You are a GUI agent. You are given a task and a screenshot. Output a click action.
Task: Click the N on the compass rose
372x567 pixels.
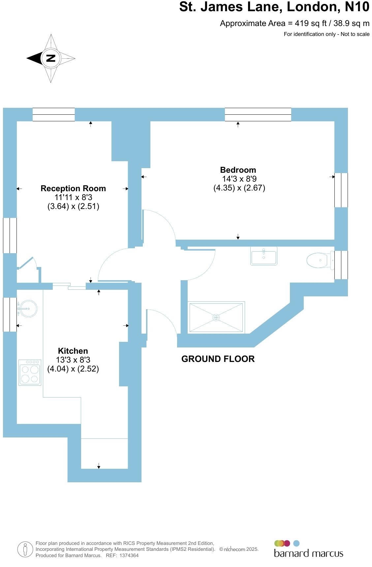click(x=50, y=58)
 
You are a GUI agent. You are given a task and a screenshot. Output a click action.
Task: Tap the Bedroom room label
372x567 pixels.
click(x=238, y=170)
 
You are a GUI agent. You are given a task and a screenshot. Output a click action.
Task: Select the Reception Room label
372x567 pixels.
click(x=73, y=189)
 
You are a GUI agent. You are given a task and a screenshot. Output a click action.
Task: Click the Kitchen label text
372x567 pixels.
click(x=73, y=351)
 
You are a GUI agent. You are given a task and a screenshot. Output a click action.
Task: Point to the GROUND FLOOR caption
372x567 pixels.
click(x=218, y=359)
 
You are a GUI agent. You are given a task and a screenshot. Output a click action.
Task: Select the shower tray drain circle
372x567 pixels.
click(x=216, y=317)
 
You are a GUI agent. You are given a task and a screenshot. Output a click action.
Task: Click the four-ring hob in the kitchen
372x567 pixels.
click(x=30, y=373)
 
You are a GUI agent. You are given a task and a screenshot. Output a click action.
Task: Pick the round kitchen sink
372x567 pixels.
click(x=28, y=309)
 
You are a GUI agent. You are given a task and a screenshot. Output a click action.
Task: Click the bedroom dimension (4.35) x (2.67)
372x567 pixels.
click(x=239, y=188)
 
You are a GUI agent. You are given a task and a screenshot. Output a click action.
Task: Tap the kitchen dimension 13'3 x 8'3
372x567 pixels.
click(x=73, y=360)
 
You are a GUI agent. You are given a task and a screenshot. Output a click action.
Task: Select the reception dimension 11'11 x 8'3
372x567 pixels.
click(x=73, y=197)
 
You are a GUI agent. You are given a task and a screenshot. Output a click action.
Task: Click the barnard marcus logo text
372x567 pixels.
click(x=308, y=553)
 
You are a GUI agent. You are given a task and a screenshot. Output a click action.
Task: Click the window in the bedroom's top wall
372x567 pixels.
click(x=258, y=114)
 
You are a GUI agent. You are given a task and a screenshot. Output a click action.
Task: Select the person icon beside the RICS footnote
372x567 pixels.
click(x=25, y=550)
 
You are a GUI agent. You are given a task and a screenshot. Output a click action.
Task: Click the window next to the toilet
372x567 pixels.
click(x=341, y=265)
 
